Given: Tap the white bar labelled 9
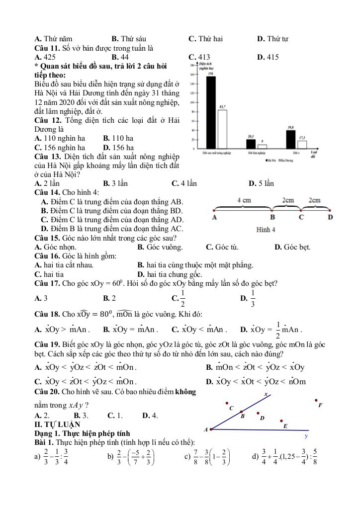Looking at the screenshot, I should (x=262, y=146).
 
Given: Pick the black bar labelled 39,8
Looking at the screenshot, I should (x=291, y=139).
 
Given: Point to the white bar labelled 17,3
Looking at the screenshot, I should (x=302, y=144).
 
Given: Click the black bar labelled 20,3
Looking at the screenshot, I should (x=251, y=144).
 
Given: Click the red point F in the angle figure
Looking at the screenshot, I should (x=316, y=400).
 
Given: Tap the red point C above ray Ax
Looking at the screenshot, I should (x=227, y=403).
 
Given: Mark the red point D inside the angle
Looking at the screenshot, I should (x=258, y=413).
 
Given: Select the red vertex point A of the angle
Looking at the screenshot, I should (x=212, y=429).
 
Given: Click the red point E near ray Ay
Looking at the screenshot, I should (x=281, y=421).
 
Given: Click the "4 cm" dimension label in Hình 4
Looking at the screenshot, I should (x=244, y=200).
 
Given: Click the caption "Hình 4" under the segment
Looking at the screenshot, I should (x=266, y=230).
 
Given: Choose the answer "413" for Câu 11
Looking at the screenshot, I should (x=203, y=57).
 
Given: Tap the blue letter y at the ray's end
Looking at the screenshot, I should (x=306, y=436).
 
